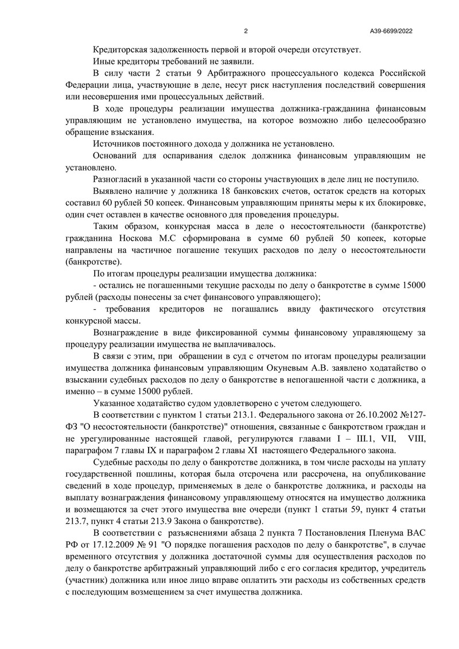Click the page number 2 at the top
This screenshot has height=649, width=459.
246,31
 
